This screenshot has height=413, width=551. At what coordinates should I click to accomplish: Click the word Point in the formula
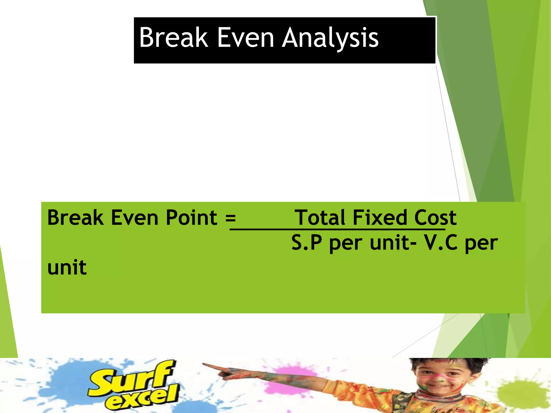coord(191,218)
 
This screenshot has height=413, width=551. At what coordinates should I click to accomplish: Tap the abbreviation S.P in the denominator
coord(307,243)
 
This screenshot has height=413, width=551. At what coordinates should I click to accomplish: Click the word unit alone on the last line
coord(67,268)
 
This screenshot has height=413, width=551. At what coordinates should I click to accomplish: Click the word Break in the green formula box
coord(75,218)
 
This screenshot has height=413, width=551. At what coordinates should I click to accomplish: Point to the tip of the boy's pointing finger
coord(204,364)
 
